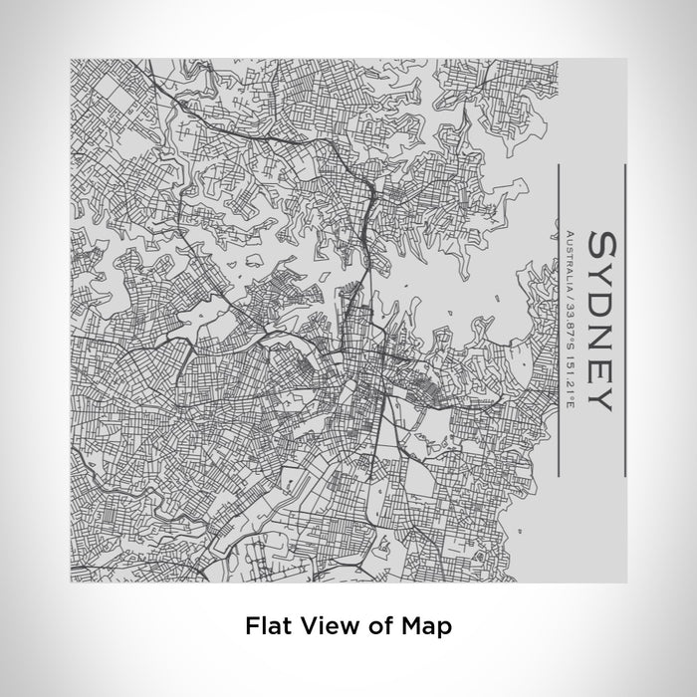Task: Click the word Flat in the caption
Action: tap(264, 626)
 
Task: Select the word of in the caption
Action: tap(375, 626)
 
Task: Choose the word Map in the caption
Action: tap(425, 626)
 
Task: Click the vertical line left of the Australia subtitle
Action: tap(557, 319)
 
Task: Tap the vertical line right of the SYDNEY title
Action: tap(623, 319)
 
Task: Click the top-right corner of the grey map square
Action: tap(625, 59)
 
